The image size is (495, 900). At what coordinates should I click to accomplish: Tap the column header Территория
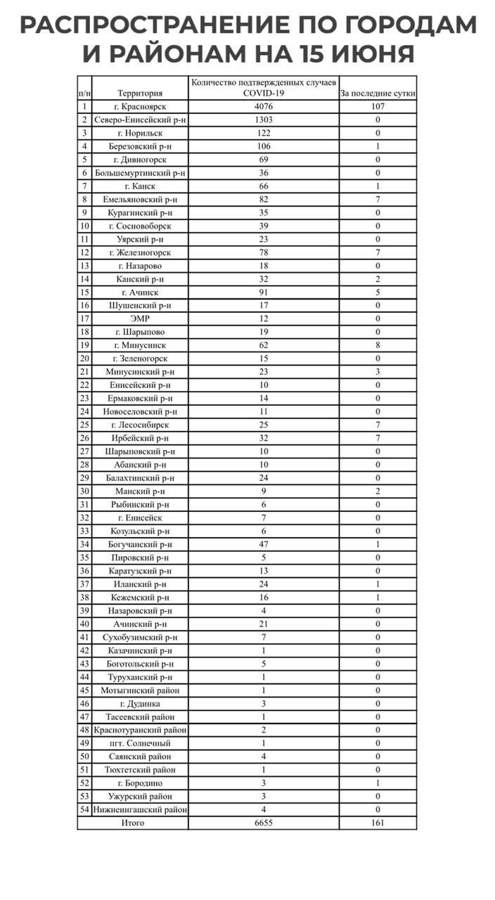point(140,93)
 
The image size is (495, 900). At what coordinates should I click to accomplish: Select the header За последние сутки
point(378,93)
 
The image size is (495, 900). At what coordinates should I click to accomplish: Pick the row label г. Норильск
point(140,133)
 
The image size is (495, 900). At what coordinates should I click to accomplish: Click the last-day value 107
point(378,107)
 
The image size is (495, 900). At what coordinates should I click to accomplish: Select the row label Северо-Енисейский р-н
point(140,120)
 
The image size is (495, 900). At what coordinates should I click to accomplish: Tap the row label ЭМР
point(140,319)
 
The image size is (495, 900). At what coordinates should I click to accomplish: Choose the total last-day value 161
point(378,823)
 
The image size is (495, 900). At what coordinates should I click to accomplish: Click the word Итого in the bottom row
point(133,823)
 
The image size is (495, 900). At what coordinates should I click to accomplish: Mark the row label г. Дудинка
point(140,703)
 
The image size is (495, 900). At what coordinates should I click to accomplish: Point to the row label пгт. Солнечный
point(140,743)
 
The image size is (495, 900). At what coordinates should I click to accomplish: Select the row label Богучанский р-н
point(140,544)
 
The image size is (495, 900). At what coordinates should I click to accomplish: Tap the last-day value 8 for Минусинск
point(378,345)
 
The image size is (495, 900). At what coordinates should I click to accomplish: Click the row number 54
point(84,809)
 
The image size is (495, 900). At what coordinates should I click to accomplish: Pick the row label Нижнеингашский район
point(140,809)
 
